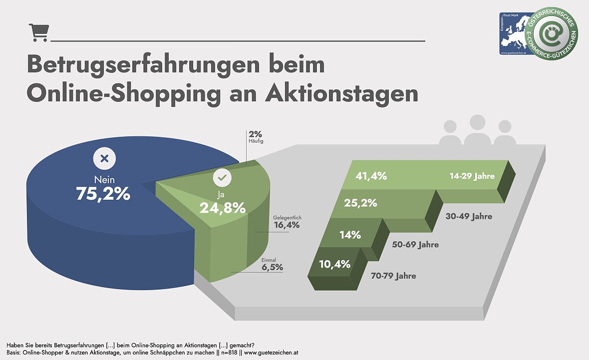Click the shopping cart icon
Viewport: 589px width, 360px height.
(38, 32)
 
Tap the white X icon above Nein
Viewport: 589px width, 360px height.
(104, 159)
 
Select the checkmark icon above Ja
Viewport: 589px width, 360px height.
(222, 178)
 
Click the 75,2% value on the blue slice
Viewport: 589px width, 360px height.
(103, 194)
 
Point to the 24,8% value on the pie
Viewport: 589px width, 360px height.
(223, 207)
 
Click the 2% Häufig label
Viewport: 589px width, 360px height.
(255, 137)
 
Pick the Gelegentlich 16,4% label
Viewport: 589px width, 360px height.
(287, 222)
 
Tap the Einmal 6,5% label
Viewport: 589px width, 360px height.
(272, 264)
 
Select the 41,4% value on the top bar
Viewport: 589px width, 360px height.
(371, 176)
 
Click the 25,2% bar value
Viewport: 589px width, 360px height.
(360, 204)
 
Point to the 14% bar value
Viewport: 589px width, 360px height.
(350, 235)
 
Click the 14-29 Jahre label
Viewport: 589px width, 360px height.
(472, 176)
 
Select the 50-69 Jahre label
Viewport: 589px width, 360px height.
(415, 245)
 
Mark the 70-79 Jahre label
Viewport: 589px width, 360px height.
(393, 276)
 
